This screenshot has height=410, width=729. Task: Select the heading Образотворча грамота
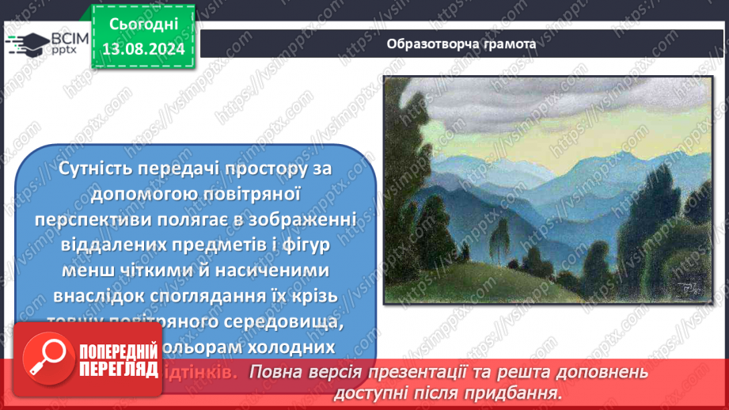point(461,44)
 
